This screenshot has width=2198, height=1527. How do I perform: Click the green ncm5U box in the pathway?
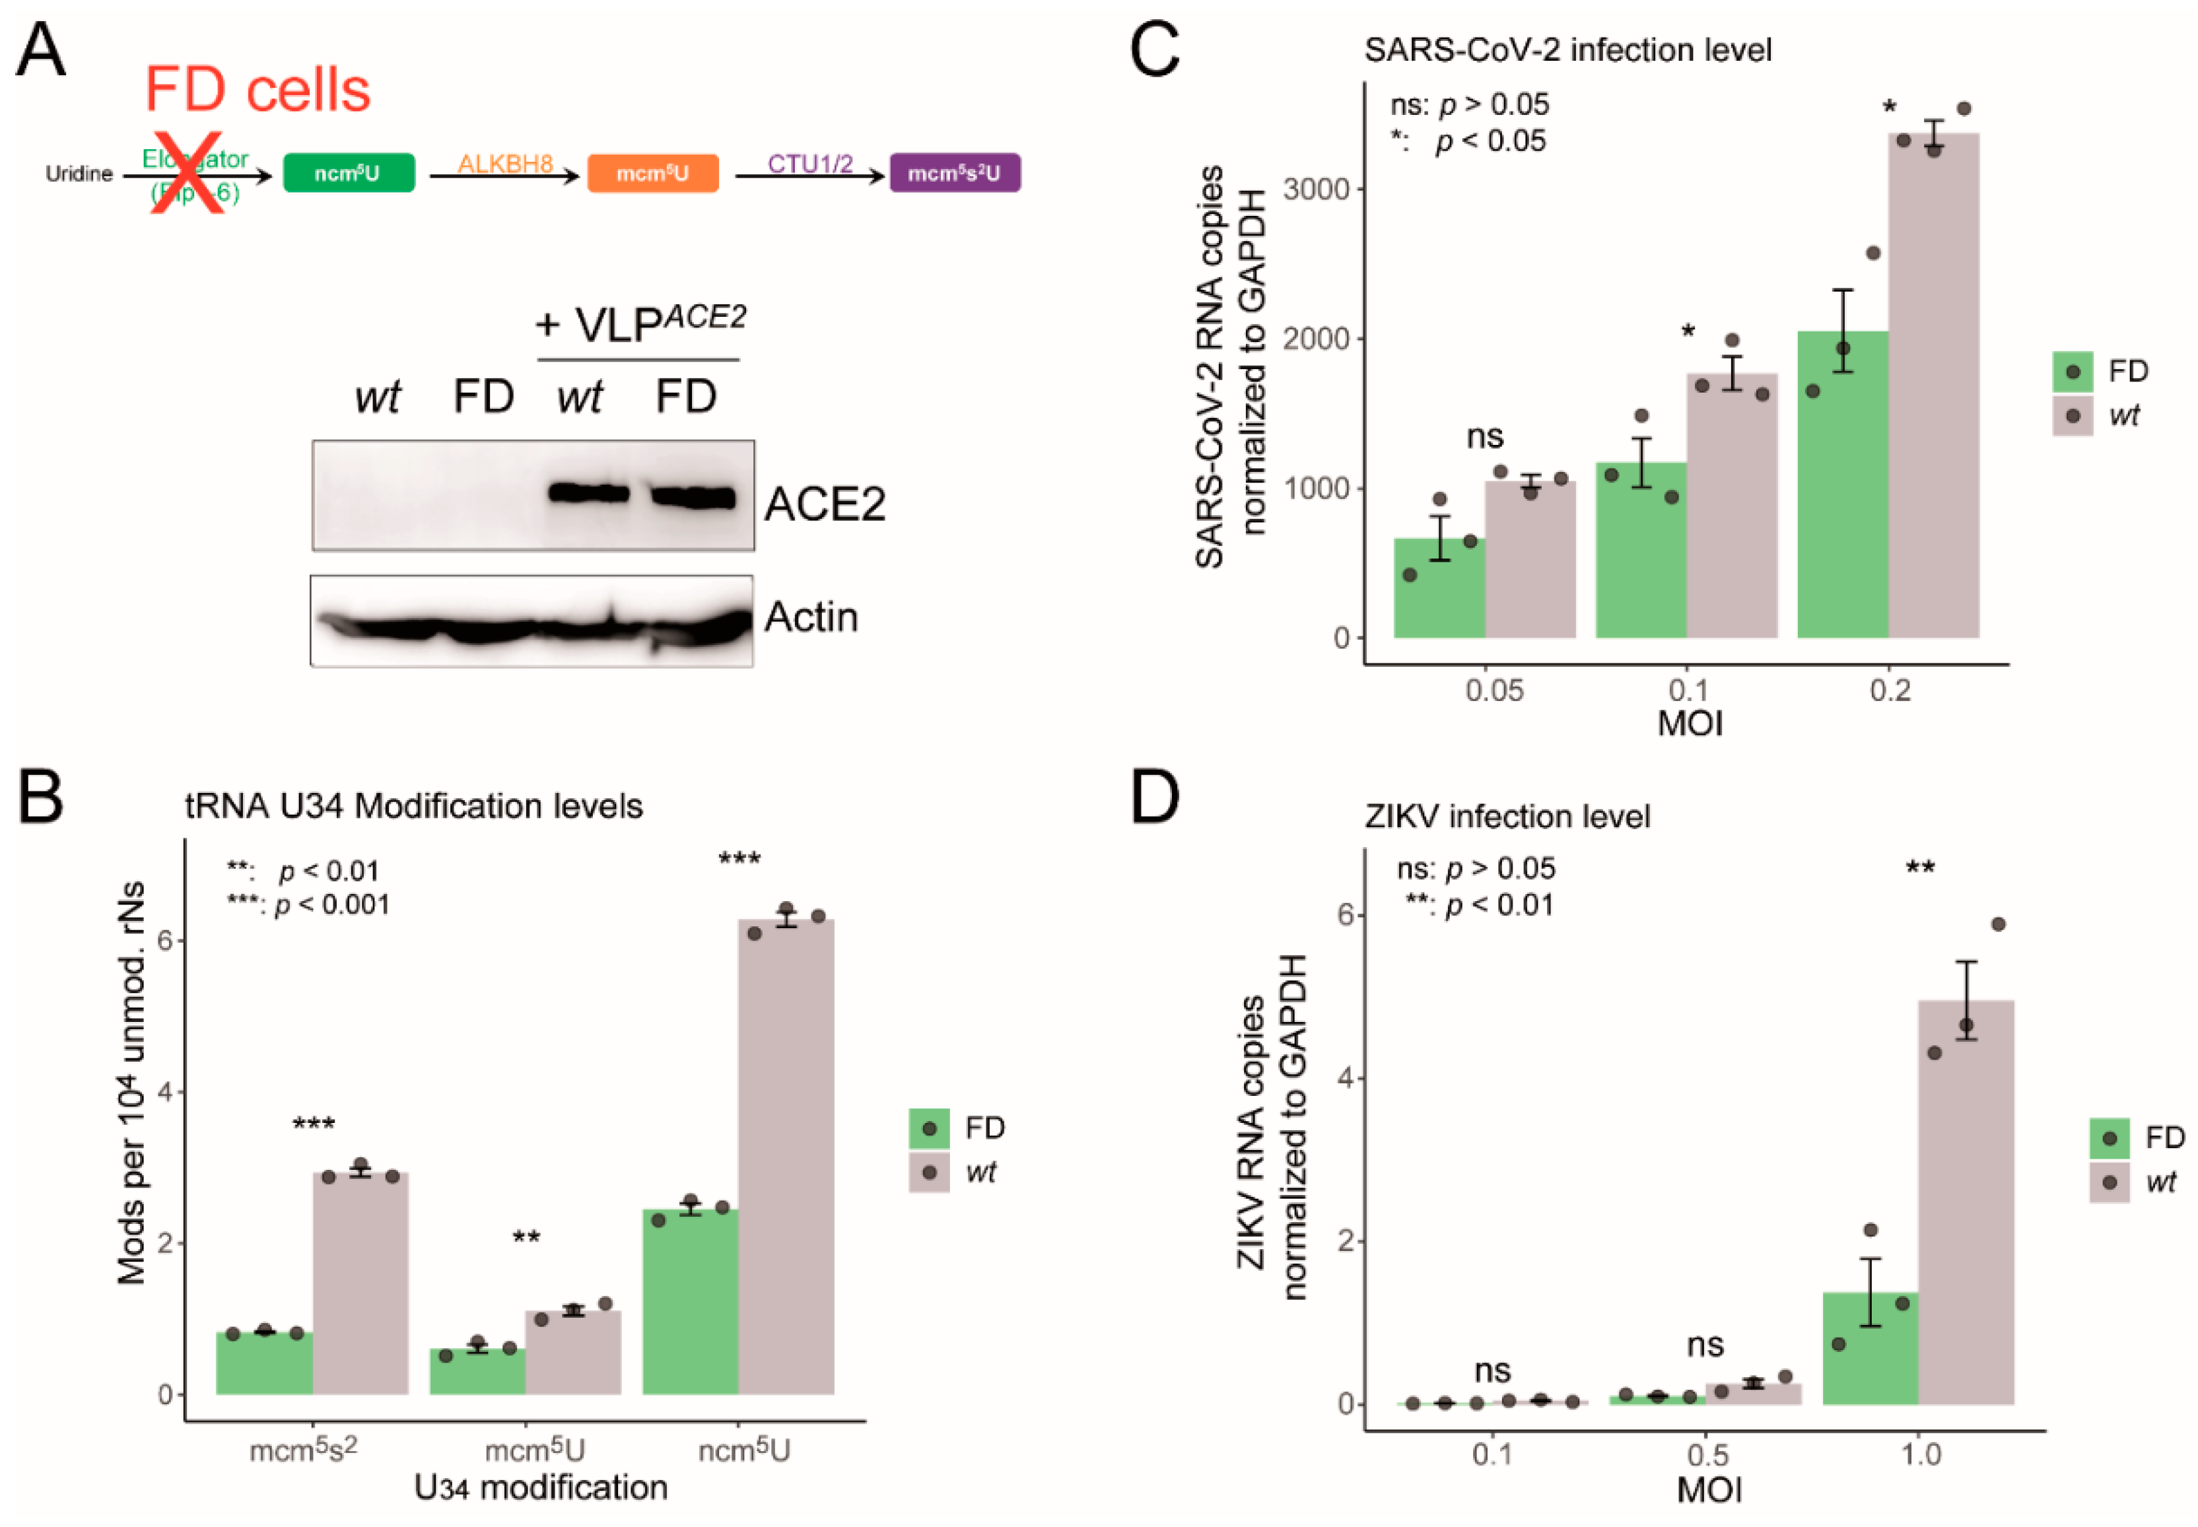349,173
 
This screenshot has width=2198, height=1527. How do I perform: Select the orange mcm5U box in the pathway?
652,173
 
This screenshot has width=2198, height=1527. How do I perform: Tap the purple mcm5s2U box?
954,173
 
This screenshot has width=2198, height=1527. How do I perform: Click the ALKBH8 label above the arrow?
504,164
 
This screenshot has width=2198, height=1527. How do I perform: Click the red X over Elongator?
189,172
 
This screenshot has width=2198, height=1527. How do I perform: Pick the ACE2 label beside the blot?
824,504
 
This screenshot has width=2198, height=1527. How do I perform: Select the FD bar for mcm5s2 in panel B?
264,1363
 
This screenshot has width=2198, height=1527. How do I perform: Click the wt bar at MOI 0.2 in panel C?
1933,383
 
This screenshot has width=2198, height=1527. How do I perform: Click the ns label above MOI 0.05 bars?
1484,437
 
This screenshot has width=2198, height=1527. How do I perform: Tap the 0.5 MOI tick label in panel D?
1707,1455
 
